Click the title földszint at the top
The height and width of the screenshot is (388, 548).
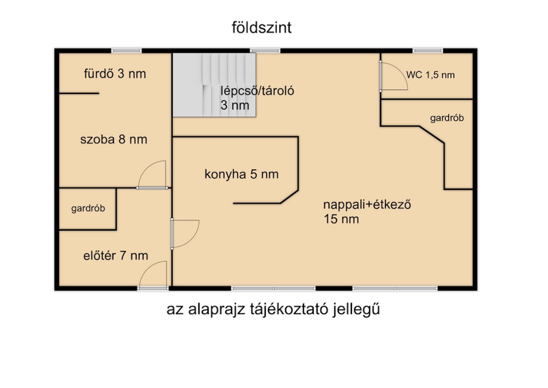261,28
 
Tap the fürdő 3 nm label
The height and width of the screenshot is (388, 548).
115,74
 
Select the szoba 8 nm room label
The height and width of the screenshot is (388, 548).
114,139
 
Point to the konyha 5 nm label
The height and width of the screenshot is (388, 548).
241,174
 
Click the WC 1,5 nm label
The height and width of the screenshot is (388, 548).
430,75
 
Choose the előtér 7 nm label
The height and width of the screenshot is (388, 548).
116,256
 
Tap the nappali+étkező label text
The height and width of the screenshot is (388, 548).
367,205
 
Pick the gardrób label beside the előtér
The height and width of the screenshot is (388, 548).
88,209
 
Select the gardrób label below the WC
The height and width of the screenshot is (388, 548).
447,118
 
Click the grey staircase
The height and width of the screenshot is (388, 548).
214,85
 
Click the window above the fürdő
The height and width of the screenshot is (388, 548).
126,51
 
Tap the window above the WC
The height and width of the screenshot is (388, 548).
428,51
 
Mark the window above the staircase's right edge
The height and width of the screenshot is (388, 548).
265,51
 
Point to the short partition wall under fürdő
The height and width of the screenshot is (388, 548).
79,93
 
